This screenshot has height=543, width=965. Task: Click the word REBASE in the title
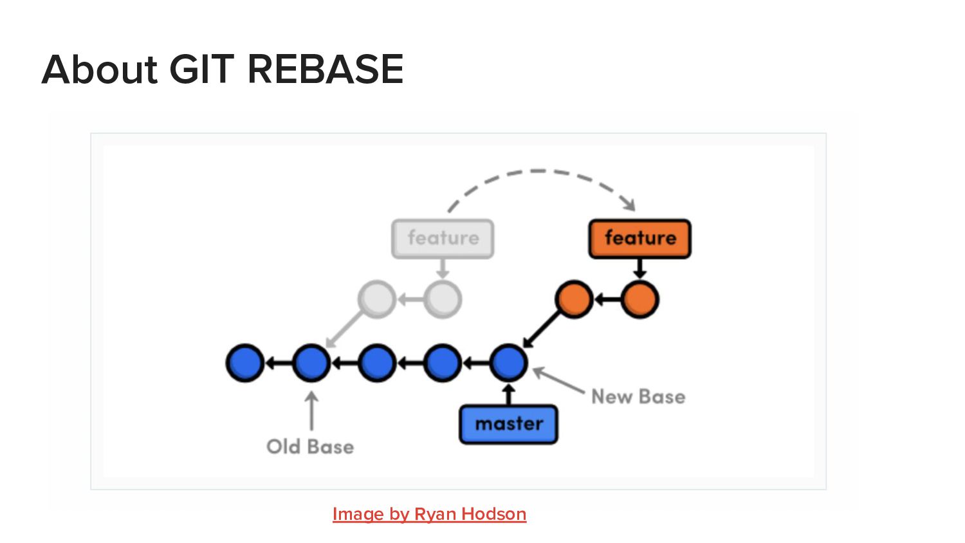tap(325, 69)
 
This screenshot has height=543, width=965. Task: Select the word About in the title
tap(100, 69)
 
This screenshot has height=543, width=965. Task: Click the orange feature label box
tap(639, 239)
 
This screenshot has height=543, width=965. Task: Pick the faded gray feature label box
tap(443, 239)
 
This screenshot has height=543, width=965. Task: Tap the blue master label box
tap(508, 424)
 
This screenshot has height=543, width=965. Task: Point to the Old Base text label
tap(310, 446)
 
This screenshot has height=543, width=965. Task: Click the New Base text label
tap(638, 396)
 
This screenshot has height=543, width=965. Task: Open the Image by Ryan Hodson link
tap(429, 514)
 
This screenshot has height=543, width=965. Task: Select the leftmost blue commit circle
tap(245, 363)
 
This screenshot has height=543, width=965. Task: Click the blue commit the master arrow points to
tap(508, 363)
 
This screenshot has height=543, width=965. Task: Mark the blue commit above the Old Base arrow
tap(311, 363)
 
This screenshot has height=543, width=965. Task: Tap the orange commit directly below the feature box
tap(639, 299)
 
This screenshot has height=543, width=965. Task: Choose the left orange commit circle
tap(573, 299)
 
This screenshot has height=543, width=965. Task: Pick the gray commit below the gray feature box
tap(443, 299)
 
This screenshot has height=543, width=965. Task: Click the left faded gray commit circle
tap(377, 299)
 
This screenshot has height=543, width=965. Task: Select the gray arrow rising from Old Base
tap(311, 412)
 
